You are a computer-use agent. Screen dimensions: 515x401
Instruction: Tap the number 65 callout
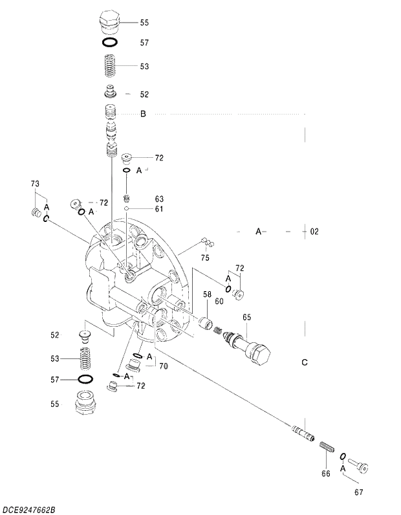246,318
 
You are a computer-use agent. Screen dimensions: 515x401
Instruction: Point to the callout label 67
358,492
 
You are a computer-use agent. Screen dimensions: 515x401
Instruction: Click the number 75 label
205,258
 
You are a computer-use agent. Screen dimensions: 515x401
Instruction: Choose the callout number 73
36,184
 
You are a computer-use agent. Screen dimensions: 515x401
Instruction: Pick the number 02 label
314,231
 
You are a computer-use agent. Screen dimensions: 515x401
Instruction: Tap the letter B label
144,115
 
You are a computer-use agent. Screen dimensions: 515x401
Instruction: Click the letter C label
305,362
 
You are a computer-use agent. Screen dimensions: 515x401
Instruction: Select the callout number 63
159,199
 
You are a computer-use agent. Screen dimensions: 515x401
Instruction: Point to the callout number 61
159,209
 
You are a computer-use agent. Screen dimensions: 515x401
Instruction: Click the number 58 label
208,294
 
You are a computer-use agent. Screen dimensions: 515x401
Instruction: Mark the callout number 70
163,366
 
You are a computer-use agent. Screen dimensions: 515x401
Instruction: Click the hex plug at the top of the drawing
110,21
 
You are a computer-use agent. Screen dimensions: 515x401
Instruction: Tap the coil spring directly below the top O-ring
110,66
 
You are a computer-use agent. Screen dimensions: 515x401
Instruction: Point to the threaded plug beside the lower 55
87,403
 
